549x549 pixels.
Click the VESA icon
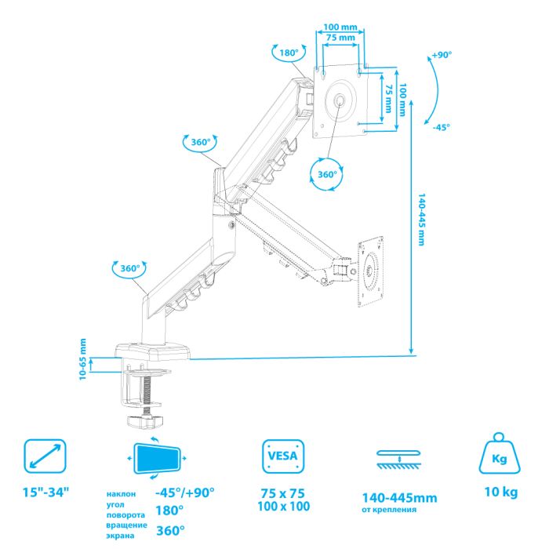click(283, 456)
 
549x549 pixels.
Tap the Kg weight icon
click(500, 454)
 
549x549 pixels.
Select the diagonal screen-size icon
click(45, 456)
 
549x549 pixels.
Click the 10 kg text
click(501, 492)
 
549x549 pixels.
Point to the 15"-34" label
click(45, 493)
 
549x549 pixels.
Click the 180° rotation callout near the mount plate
click(289, 53)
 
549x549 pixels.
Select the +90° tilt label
click(442, 55)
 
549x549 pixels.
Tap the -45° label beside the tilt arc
click(441, 127)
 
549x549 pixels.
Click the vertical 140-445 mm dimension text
click(422, 219)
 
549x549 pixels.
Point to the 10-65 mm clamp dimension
click(82, 359)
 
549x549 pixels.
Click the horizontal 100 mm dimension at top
click(340, 27)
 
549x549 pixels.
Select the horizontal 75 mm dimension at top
click(340, 38)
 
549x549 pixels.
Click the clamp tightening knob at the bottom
click(145, 421)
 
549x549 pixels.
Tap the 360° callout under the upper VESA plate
click(327, 174)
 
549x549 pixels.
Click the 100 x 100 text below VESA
click(284, 507)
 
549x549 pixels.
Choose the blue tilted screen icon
click(157, 458)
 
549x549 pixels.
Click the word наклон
click(121, 494)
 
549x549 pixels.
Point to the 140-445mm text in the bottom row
click(399, 497)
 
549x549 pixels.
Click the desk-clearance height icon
click(399, 460)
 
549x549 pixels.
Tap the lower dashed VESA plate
click(370, 271)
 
